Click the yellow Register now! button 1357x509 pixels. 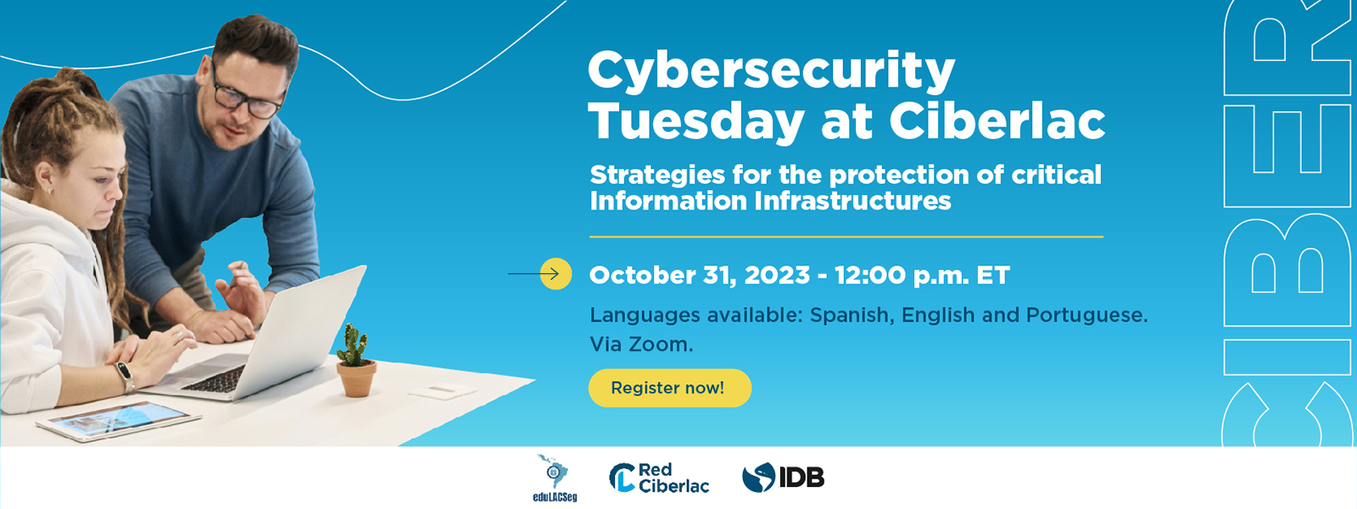tap(669, 388)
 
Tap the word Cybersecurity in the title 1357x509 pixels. tap(771, 71)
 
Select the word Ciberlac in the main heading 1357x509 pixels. tap(997, 121)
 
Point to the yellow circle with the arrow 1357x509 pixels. tap(556, 274)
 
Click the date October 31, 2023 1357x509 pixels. tap(700, 275)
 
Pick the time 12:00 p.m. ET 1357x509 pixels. tap(922, 275)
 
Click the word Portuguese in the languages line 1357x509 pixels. tap(1086, 316)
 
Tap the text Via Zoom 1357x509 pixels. tap(641, 344)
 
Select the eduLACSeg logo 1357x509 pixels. tap(554, 478)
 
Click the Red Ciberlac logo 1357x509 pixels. tap(659, 478)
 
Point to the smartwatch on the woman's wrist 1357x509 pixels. tap(125, 376)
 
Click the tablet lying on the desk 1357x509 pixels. tap(119, 420)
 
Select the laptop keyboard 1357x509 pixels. tap(214, 380)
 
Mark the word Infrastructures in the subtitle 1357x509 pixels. tap(853, 201)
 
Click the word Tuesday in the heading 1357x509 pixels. tap(696, 122)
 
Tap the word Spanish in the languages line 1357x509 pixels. tap(850, 316)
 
